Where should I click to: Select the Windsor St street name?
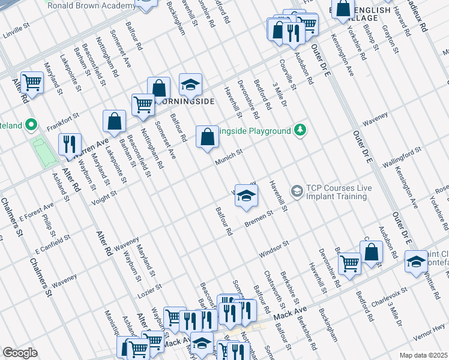(x=274, y=249)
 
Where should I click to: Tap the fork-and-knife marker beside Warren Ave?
(x=70, y=144)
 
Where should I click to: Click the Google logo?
(x=20, y=353)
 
